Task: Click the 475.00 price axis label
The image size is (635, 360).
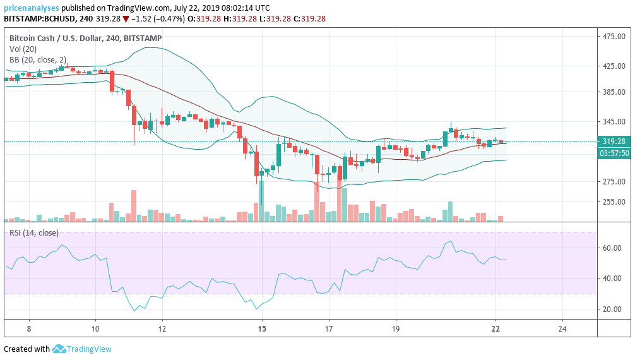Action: coord(614,37)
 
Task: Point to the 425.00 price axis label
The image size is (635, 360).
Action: coord(614,66)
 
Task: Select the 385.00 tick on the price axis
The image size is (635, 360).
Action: coord(614,92)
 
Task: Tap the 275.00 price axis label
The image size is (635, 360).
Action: coord(614,182)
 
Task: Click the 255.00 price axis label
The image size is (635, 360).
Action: coord(614,202)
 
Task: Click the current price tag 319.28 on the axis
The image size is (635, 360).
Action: coord(614,141)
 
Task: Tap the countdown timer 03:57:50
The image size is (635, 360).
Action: coord(614,153)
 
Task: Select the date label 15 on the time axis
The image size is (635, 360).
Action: coord(262,329)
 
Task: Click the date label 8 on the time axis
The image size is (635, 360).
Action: coord(29,329)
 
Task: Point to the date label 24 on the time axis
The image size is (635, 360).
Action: coord(562,329)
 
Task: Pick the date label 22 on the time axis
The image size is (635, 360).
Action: coord(496,329)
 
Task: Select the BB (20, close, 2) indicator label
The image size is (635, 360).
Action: coord(37,60)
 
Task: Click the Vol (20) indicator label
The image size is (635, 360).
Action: coord(23,49)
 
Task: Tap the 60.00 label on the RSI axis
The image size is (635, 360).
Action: coord(610,248)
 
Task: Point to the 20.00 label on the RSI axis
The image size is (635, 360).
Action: coord(610,309)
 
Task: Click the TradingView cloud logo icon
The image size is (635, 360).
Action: coord(59,349)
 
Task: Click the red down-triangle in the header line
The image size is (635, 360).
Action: coord(126,19)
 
